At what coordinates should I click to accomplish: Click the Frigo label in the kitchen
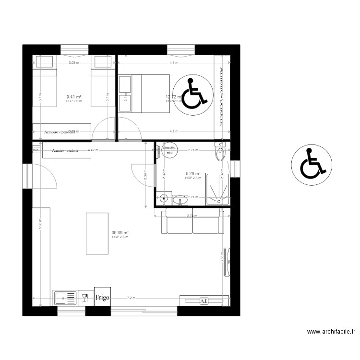coord(102,298)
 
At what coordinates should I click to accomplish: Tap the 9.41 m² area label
coord(74,97)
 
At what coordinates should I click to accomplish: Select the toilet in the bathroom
coord(220,152)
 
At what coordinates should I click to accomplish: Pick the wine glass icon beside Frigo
coord(85,298)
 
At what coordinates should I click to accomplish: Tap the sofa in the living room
coord(193,221)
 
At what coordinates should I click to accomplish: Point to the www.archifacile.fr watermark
coord(331,331)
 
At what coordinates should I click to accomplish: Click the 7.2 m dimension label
coord(131,298)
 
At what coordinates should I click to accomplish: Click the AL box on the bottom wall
coord(204,301)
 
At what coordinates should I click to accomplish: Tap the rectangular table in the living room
coord(97,233)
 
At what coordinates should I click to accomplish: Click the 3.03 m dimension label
coord(74,63)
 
